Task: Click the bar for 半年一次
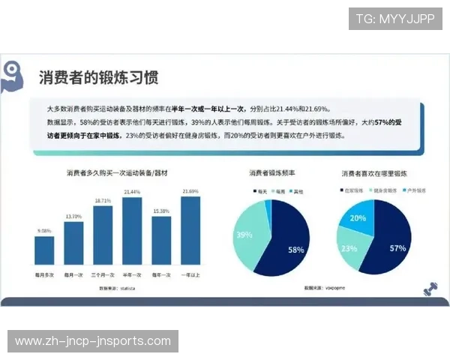[x=132, y=231]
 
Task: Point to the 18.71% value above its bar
[x=103, y=201]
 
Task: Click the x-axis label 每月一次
[x=73, y=274]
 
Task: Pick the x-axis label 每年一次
[x=161, y=274]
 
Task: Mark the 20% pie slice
[x=358, y=218]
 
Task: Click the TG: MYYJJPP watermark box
[x=395, y=19]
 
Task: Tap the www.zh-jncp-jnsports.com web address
[x=93, y=341]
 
